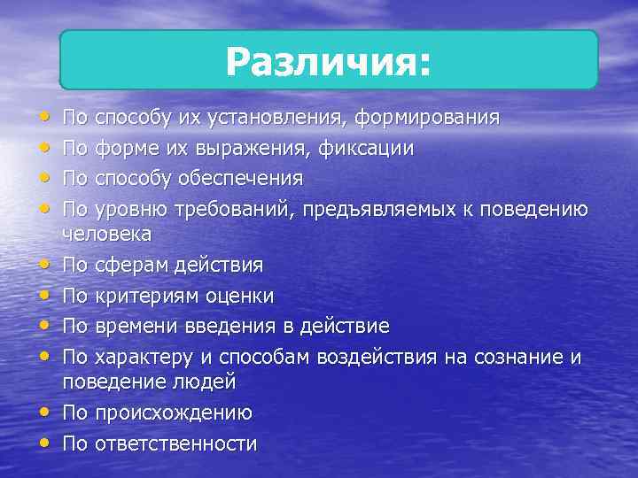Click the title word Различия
pos(328,61)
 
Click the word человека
pos(106,234)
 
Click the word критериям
pos(145,295)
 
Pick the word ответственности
pos(175,443)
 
